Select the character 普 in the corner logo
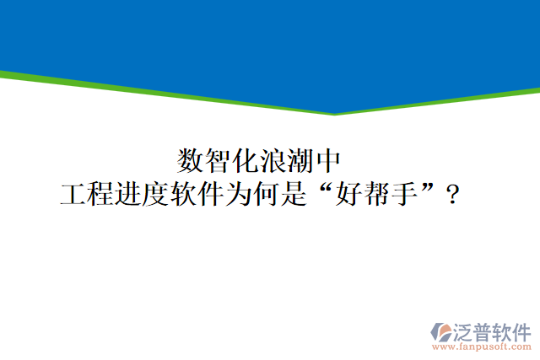487,330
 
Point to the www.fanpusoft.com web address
481,347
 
